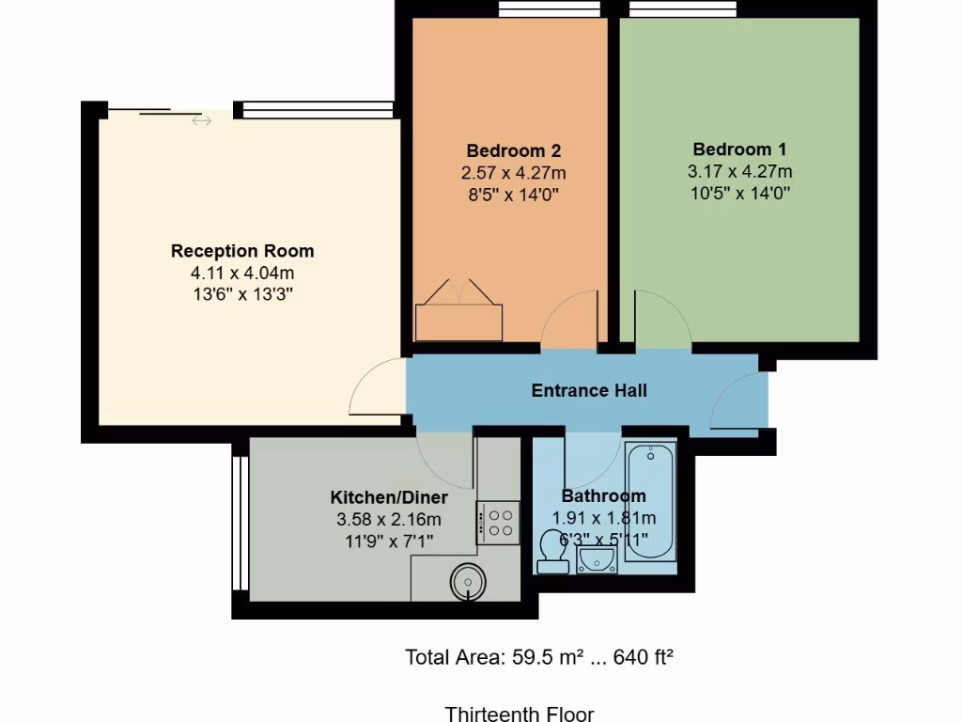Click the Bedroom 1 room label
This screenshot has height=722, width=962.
tap(739, 149)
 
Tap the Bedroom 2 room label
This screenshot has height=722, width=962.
tap(514, 150)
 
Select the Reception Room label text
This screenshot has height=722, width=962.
tap(242, 251)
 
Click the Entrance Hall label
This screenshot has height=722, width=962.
tap(589, 390)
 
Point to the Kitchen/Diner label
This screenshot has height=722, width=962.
tap(389, 497)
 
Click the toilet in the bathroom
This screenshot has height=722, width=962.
tap(551, 552)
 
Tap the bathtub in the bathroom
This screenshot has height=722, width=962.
tap(650, 502)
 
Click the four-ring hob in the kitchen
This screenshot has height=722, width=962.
tap(499, 523)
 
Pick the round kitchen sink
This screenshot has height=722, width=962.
tap(467, 581)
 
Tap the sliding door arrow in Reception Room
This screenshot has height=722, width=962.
tap(201, 120)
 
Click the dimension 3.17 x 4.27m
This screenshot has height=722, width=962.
tap(739, 171)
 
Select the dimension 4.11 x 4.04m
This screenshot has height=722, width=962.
tap(242, 273)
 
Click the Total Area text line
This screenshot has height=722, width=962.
tap(539, 657)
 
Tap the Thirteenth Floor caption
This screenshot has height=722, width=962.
tap(520, 714)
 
